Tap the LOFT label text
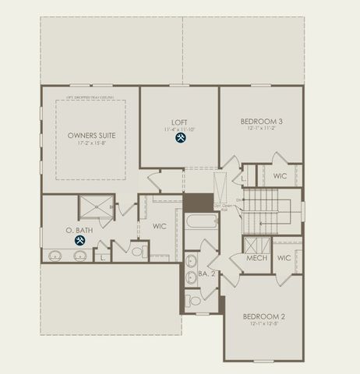coord(180,122)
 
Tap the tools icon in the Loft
coord(181,138)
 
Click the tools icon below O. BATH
coord(80,241)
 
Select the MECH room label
coord(257,258)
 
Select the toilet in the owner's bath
coord(135,252)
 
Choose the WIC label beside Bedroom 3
coord(280,176)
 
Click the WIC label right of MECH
coord(284,258)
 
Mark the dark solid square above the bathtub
coord(198,201)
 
